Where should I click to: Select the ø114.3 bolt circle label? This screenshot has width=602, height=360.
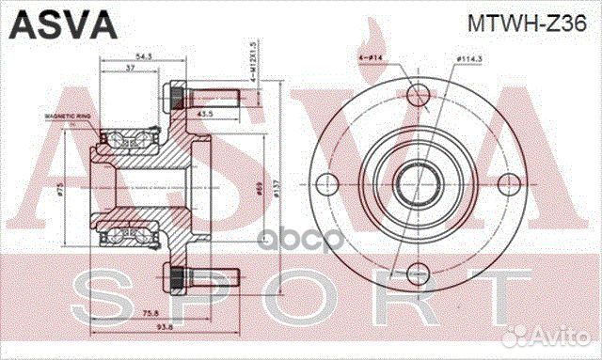click(x=469, y=59)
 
